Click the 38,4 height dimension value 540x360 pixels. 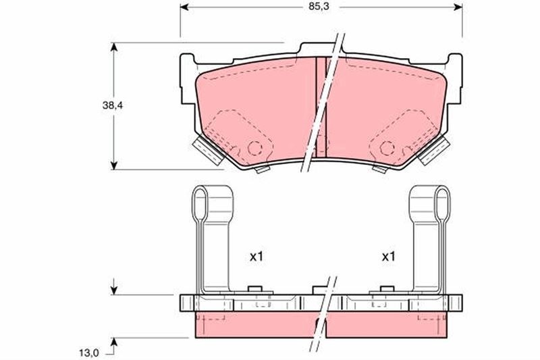pyautogui.click(x=113, y=105)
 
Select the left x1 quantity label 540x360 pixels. pyautogui.click(x=256, y=256)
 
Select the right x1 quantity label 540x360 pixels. pyautogui.click(x=389, y=256)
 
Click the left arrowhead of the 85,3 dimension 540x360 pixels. pyautogui.click(x=184, y=7)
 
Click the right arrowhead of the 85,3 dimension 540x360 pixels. pyautogui.click(x=458, y=7)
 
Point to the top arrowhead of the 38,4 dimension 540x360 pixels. pyautogui.click(x=114, y=47)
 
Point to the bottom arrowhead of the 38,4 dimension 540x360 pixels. pyautogui.click(x=114, y=165)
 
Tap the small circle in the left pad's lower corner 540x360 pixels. pyautogui.click(x=255, y=148)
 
